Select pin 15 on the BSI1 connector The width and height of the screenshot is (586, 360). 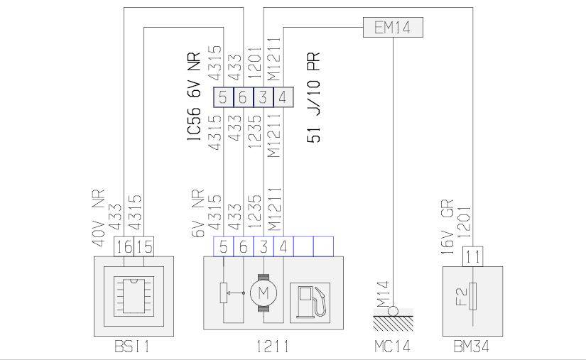144,246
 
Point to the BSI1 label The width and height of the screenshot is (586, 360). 134,347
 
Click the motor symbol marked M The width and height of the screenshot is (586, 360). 263,293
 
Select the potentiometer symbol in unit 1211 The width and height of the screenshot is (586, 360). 224,292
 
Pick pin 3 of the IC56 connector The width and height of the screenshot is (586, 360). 263,97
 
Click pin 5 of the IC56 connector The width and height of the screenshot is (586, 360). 223,97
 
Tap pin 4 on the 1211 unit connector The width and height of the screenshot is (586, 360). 283,246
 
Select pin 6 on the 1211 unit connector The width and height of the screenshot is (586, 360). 243,246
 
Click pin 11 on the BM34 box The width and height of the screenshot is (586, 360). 472,256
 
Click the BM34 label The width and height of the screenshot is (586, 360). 472,347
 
